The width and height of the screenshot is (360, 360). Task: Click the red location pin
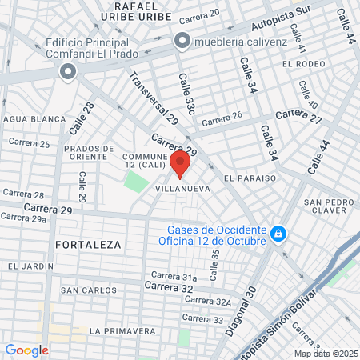180,164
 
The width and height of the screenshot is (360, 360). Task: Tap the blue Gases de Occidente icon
278,234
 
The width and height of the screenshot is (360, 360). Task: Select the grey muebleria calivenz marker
183,40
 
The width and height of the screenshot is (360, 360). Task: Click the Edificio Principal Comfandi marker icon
67,73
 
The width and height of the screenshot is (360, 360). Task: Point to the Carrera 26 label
222,121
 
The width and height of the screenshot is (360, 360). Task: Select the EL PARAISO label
250,178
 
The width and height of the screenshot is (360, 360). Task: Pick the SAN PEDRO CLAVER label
324,207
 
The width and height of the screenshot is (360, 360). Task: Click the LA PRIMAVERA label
122,330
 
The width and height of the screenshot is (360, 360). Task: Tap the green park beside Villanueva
136,181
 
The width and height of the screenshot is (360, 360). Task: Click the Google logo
27,350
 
